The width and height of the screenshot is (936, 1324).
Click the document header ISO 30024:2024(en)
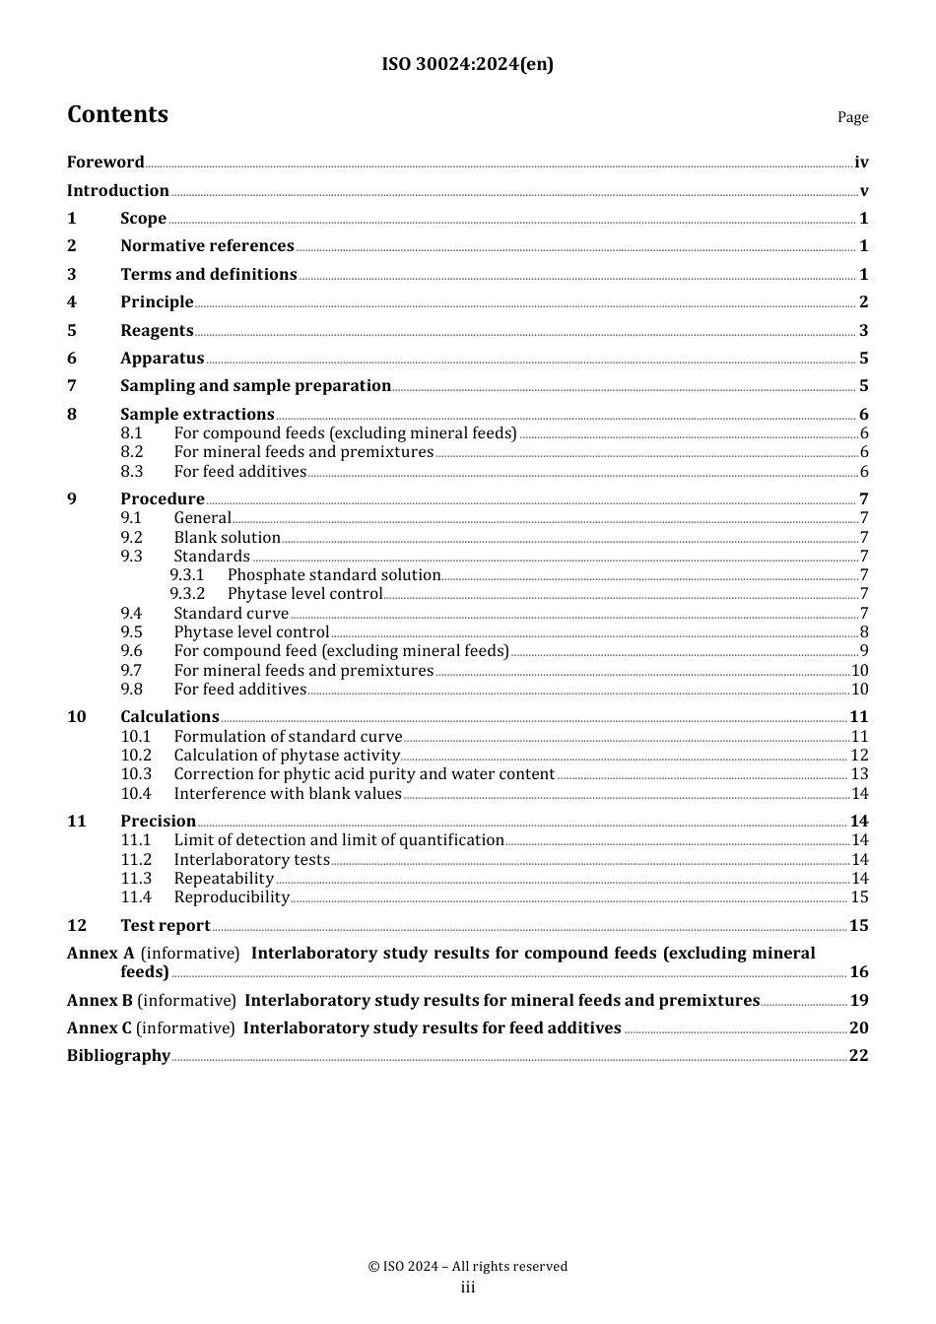pos(467,65)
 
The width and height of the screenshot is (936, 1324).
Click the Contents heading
pos(117,115)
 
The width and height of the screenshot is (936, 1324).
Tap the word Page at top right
pos(852,117)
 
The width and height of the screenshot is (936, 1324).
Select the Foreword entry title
pos(105,163)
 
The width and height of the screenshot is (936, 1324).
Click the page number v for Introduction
pos(864,191)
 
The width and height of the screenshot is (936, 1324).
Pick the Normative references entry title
pos(207,246)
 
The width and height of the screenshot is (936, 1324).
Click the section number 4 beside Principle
pos(72,302)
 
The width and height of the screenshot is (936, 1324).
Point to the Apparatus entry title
pos(162,359)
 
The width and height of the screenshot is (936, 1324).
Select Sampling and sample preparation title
pos(255,386)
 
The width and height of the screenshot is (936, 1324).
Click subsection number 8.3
pos(132,472)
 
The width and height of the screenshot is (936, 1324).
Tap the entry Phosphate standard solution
pos(334,575)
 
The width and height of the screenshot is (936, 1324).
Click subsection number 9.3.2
pos(187,594)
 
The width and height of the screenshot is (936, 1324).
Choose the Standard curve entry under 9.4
pos(231,614)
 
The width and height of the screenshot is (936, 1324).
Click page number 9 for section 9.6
pos(864,651)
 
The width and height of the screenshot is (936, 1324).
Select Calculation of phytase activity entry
pos(287,756)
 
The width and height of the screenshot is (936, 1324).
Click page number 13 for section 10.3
pos(859,774)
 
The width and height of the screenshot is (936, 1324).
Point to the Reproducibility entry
pos(232,897)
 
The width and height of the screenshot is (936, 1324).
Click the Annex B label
pos(100,1001)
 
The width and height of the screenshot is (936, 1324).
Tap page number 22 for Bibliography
pos(858,1056)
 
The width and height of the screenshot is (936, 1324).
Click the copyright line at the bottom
pos(467,1267)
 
